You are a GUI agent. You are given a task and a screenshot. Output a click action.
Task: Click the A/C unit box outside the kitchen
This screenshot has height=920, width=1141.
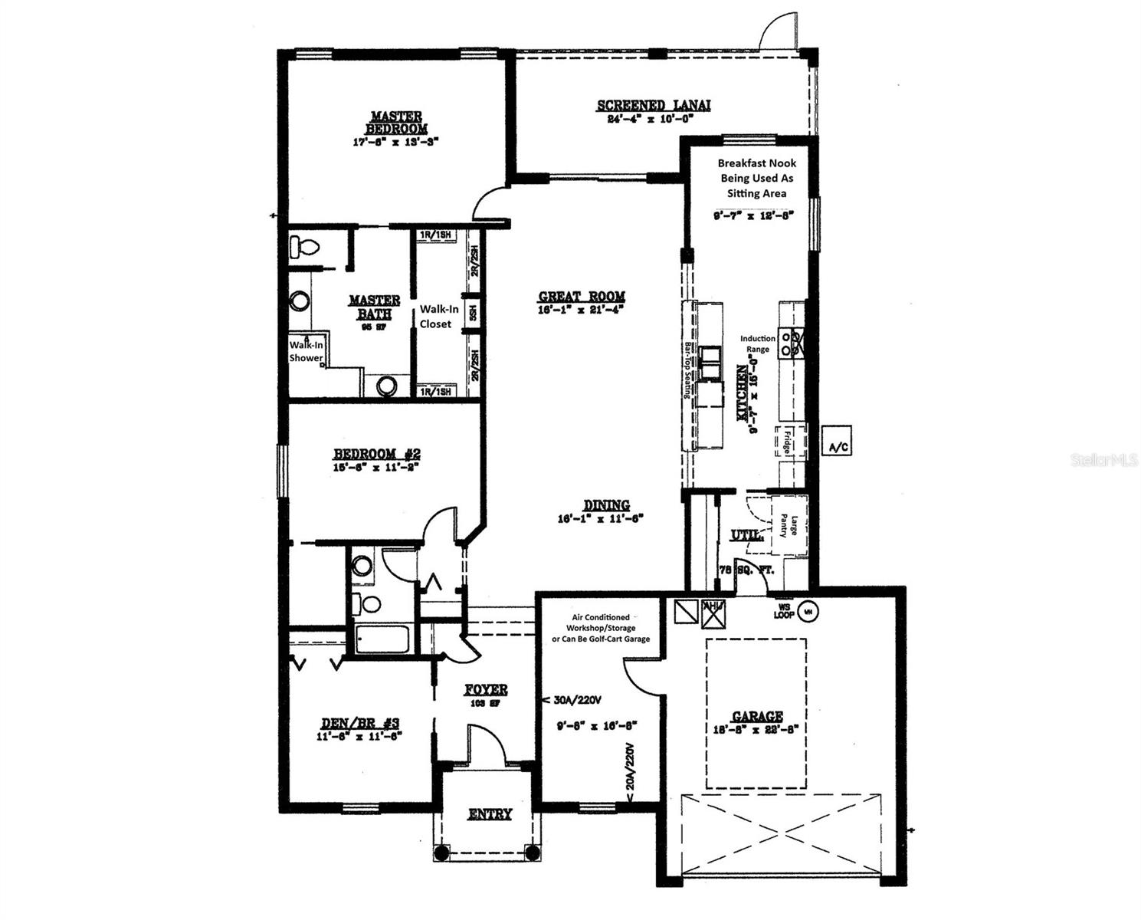(836, 440)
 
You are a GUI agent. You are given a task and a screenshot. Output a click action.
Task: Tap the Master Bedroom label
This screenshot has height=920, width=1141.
(396, 123)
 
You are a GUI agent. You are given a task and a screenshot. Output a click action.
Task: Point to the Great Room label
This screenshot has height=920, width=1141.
(582, 297)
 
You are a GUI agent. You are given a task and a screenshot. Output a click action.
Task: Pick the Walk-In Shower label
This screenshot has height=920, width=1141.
(306, 352)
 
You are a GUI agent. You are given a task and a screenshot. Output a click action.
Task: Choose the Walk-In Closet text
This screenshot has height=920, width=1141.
(438, 317)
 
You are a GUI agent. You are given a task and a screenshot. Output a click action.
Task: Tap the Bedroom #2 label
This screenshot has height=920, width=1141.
(376, 454)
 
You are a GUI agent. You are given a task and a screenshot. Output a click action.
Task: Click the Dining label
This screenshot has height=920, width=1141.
(606, 505)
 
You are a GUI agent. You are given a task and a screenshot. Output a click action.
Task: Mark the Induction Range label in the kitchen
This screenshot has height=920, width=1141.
(757, 343)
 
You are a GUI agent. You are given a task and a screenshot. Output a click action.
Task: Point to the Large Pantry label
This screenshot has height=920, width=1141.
(789, 526)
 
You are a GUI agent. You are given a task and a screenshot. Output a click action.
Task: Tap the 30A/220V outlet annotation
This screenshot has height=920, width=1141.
(575, 700)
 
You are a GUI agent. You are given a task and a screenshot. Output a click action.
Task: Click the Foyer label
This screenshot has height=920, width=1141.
(486, 690)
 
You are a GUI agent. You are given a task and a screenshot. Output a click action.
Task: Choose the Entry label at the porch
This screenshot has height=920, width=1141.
(490, 814)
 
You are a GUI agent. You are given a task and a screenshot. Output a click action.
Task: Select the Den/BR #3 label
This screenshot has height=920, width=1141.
(359, 723)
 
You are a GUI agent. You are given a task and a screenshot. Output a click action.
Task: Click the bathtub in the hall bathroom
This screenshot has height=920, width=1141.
(383, 639)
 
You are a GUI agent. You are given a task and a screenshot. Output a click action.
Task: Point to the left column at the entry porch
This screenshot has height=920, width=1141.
(442, 853)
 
